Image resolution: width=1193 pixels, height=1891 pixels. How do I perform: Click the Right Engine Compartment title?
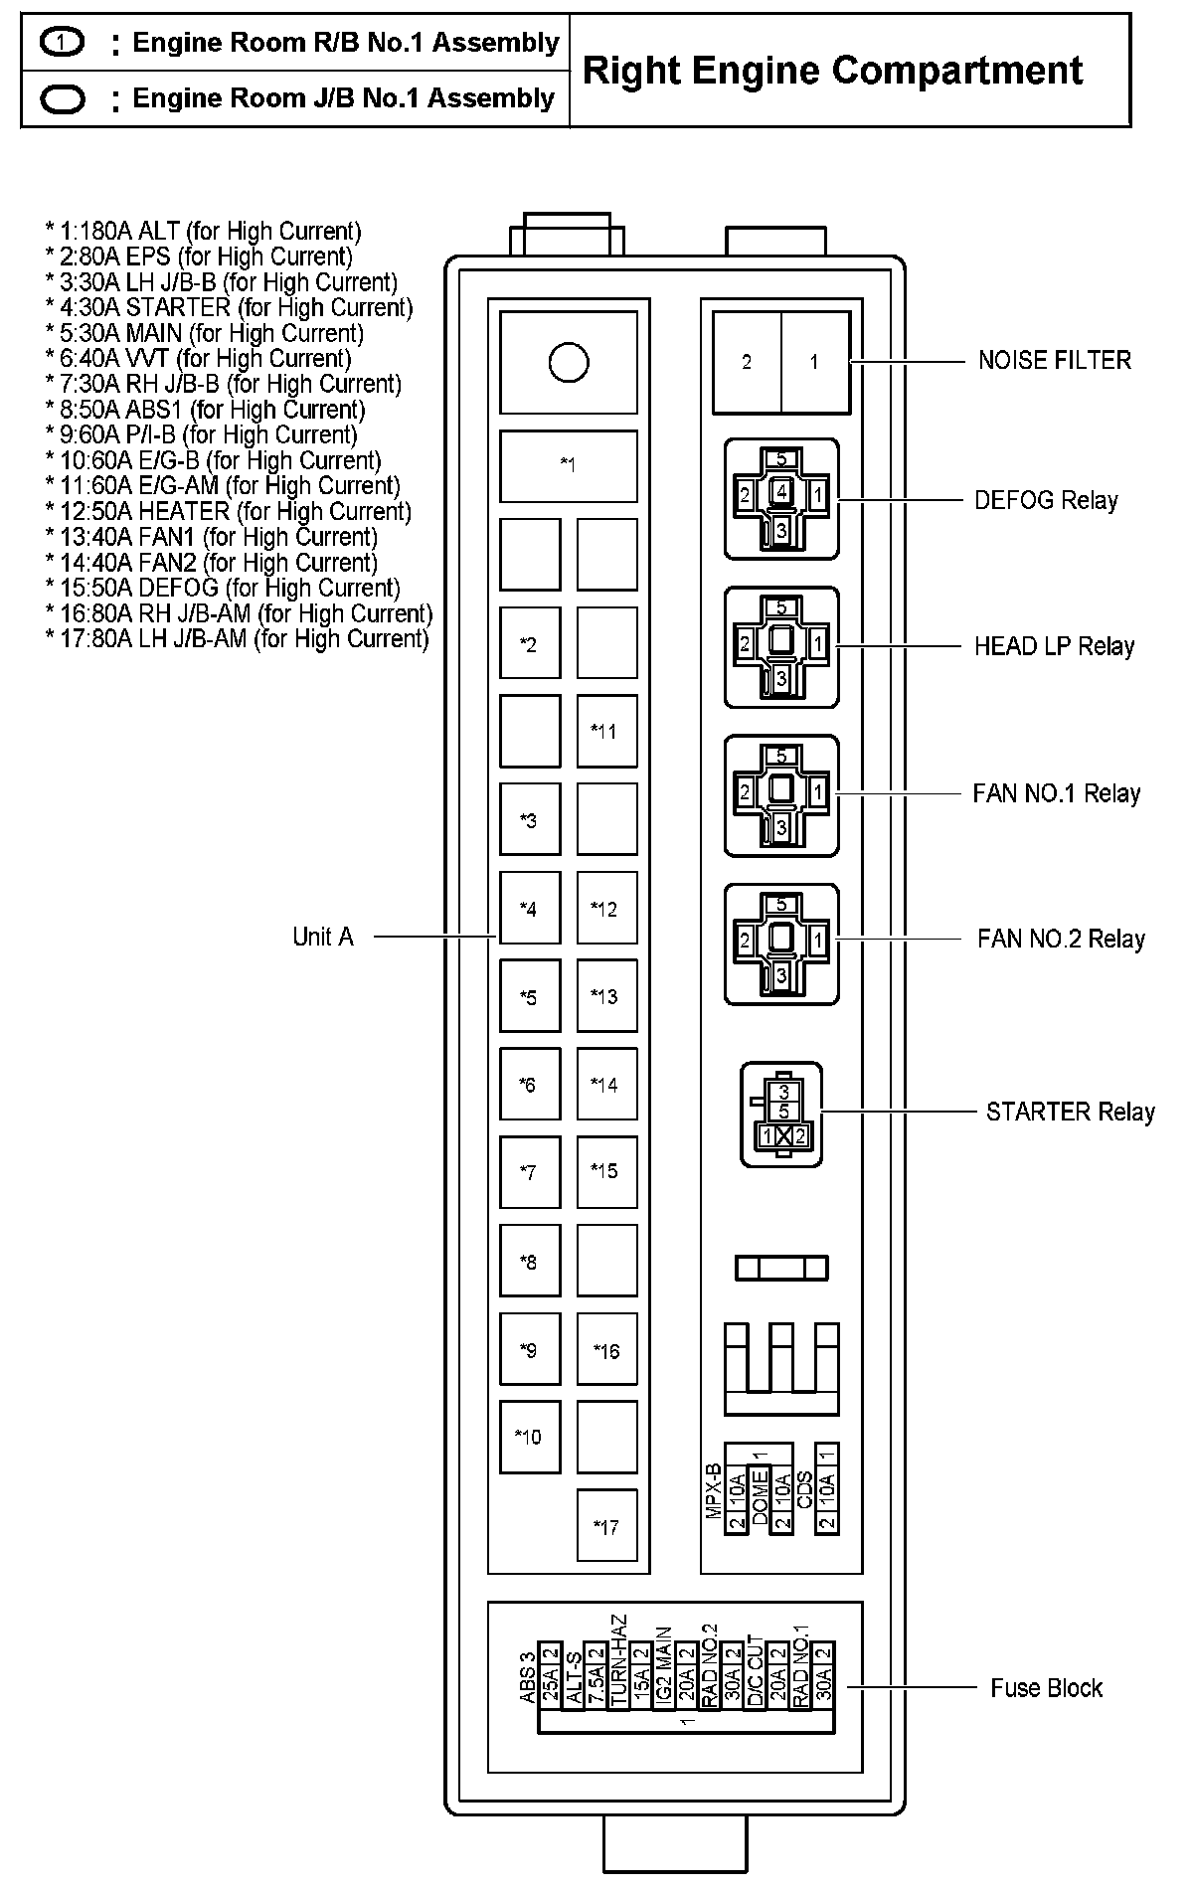[832, 71]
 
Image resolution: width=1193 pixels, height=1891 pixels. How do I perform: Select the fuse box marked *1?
[568, 465]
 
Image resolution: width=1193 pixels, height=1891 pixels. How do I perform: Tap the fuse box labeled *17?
[606, 1526]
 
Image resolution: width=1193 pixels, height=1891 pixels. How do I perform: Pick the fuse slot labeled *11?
[606, 731]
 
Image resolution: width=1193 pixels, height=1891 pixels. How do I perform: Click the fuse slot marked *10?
[529, 1437]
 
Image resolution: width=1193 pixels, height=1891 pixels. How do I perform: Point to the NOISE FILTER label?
[1054, 360]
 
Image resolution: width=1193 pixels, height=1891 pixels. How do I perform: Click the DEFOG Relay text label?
[1046, 500]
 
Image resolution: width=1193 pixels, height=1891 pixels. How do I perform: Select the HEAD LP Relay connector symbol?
[781, 647]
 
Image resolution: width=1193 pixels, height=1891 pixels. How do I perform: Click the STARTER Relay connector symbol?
[782, 1114]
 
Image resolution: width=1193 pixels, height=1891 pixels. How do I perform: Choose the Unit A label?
[323, 937]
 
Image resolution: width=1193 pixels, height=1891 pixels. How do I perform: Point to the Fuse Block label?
[1046, 1688]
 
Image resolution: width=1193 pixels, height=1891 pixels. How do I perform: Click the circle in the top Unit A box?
[568, 363]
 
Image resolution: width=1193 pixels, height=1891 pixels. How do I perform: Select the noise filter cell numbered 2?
[747, 362]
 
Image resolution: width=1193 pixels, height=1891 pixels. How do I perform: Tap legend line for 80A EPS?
[199, 257]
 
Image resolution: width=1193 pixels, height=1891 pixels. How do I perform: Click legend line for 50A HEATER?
[228, 511]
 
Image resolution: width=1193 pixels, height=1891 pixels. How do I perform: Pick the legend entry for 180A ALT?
[203, 232]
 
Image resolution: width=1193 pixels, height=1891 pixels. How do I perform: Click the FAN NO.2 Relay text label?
[1061, 939]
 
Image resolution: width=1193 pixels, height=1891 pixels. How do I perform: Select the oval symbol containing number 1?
[64, 43]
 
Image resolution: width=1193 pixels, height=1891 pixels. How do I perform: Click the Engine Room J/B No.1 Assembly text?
[343, 98]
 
